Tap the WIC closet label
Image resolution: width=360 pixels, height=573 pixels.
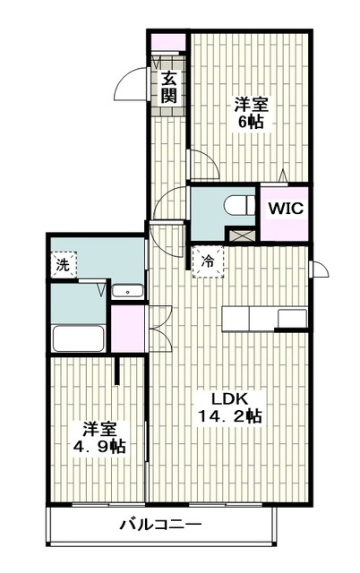coord(286,209)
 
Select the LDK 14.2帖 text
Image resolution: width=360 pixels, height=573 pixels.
coord(230,407)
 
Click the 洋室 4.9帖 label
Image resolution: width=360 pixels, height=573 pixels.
coord(99,438)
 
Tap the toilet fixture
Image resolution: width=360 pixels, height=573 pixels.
coord(240,206)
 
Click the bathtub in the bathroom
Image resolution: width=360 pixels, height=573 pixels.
coord(79,338)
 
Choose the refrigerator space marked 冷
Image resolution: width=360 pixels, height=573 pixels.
coord(208,261)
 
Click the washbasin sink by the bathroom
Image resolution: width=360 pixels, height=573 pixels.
coord(127,291)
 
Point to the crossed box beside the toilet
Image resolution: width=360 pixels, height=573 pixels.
coord(241,235)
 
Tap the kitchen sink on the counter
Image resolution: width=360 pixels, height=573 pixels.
coord(292,319)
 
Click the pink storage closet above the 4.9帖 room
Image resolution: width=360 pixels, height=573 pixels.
coord(127,329)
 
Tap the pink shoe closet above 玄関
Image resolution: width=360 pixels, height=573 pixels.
coord(167,42)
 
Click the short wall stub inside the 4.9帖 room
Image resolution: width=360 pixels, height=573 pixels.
coord(116,370)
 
